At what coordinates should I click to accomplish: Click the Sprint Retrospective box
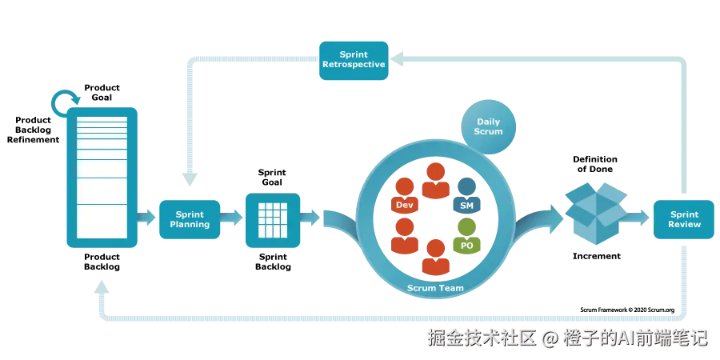[354, 60]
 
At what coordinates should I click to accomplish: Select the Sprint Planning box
[190, 219]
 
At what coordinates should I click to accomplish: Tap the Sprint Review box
[685, 219]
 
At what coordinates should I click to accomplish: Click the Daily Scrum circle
[488, 126]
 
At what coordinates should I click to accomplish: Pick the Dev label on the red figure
[404, 206]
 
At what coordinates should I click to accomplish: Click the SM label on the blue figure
[467, 206]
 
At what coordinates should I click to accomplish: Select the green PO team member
[466, 238]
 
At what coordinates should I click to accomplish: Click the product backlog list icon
[101, 176]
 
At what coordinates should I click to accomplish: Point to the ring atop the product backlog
[65, 102]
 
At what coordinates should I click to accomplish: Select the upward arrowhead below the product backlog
[102, 283]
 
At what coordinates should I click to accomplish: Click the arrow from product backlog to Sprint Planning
[146, 216]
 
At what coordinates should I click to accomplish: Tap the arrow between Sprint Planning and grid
[232, 216]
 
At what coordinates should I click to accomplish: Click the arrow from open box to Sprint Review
[638, 214]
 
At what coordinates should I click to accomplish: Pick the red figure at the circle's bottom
[434, 256]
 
